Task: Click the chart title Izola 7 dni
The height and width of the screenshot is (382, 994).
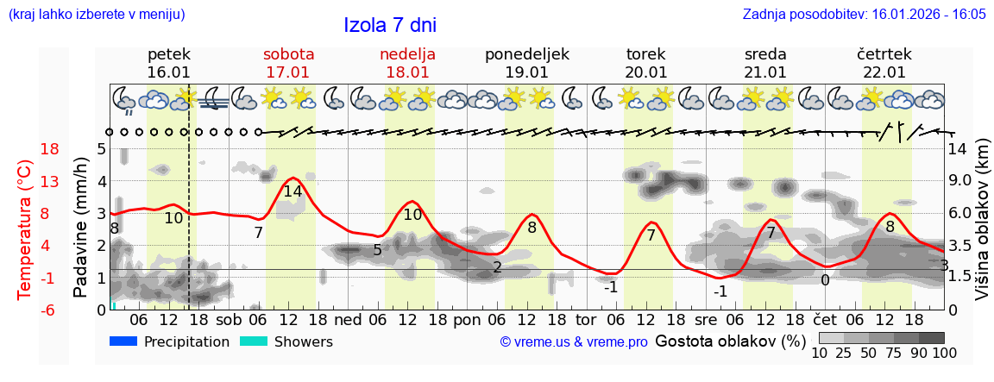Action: tap(390, 24)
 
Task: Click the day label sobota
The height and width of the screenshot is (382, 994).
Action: tap(288, 54)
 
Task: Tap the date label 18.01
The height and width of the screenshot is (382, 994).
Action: tap(407, 72)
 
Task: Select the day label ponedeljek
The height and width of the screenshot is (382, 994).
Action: tap(527, 54)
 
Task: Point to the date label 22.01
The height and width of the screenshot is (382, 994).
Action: tap(884, 72)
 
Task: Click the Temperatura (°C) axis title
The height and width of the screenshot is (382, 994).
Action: tap(25, 229)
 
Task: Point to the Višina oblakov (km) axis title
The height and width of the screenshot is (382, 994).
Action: tap(982, 228)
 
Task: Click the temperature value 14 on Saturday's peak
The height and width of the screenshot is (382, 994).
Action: tap(293, 191)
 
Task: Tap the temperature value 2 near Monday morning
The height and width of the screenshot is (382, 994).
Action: tap(497, 267)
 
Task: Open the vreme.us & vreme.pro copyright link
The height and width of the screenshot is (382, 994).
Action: tap(574, 341)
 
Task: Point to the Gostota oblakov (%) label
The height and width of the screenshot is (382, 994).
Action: tap(730, 341)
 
